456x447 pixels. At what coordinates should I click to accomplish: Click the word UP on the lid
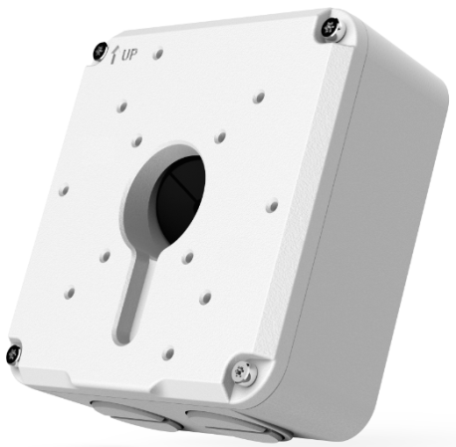[x=129, y=55]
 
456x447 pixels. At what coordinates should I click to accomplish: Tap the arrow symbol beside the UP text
[x=114, y=55]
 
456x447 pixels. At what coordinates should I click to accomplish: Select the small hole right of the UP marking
[x=158, y=55]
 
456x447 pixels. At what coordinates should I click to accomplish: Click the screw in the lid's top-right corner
[x=331, y=28]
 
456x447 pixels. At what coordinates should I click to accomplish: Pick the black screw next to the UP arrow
[x=100, y=52]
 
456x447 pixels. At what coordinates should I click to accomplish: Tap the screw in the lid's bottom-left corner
[x=14, y=353]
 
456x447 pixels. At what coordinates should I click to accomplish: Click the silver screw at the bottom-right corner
[x=245, y=373]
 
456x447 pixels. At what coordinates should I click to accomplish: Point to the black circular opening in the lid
[x=178, y=199]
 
